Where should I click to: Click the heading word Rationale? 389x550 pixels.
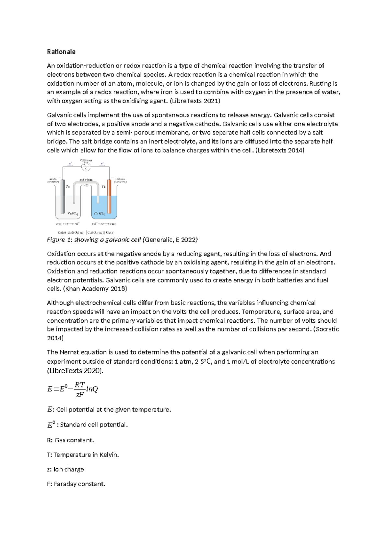click(61, 52)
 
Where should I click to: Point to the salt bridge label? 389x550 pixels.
click(86, 180)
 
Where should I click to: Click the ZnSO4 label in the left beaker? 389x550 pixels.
click(72, 214)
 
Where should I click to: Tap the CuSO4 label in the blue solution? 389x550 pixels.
click(99, 214)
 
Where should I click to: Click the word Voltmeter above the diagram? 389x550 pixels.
click(86, 160)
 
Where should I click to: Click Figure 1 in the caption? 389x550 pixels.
click(56, 240)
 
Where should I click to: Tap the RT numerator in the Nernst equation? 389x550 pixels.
click(79, 385)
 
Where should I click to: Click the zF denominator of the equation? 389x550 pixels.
click(79, 395)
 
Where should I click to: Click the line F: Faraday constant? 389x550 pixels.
click(76, 484)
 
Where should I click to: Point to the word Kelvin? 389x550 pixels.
click(109, 455)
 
